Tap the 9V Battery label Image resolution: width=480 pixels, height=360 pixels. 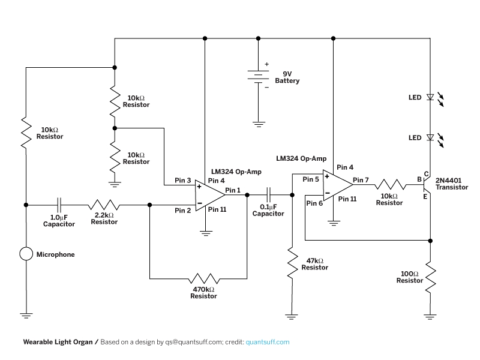pyautogui.click(x=287, y=77)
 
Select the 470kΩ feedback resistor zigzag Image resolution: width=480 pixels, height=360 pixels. pyautogui.click(x=204, y=278)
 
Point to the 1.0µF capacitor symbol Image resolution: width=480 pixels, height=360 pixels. pyautogui.click(x=59, y=205)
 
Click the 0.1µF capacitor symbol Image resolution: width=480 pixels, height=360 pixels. pyautogui.click(x=269, y=194)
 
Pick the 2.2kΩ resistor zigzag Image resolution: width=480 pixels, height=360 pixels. pyautogui.click(x=104, y=205)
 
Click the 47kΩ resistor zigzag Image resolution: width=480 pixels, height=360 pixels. pyautogui.click(x=292, y=263)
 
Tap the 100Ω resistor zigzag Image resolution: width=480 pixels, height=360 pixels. pyautogui.click(x=430, y=277)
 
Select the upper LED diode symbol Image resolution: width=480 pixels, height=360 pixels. pyautogui.click(x=430, y=97)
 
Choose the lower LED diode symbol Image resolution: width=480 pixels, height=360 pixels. pyautogui.click(x=430, y=137)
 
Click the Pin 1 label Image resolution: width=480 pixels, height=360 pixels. pyautogui.click(x=233, y=190)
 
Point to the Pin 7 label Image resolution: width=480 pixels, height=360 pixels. pyautogui.click(x=361, y=180)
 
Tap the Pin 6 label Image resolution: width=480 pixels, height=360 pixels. pyautogui.click(x=314, y=203)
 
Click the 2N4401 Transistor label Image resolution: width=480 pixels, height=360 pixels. pyautogui.click(x=452, y=184)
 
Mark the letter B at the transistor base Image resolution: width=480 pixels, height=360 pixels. pyautogui.click(x=419, y=179)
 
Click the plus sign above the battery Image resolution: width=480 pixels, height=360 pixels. pyautogui.click(x=266, y=64)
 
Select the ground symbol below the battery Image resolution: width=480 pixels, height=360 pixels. pyautogui.click(x=259, y=124)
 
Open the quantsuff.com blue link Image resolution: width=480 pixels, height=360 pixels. pyautogui.click(x=268, y=342)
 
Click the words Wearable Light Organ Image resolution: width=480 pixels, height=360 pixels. pyautogui.click(x=58, y=342)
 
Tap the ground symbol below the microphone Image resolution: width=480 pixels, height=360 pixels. pyautogui.click(x=26, y=316)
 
